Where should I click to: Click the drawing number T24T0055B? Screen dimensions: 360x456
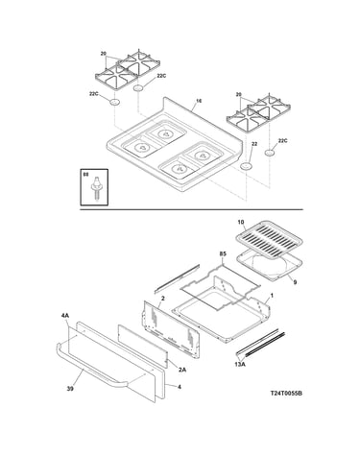[x=286, y=394]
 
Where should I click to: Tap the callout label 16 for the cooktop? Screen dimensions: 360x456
[x=199, y=101]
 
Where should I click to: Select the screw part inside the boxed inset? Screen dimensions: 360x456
[x=95, y=189]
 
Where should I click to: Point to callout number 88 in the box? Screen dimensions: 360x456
[x=85, y=175]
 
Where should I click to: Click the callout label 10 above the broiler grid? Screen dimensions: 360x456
[x=241, y=222]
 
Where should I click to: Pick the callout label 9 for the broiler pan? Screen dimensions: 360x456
[x=295, y=282]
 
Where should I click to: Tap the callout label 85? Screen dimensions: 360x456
[x=223, y=253]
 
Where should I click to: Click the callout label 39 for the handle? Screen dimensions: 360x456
[x=70, y=389]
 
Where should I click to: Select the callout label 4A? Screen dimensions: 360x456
[x=64, y=316]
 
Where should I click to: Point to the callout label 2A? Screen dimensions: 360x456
[x=181, y=370]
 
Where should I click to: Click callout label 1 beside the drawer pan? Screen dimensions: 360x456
[x=272, y=296]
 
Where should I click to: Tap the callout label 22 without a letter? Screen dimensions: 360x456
[x=254, y=144]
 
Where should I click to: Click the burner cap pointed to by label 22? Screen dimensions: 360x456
[x=247, y=166]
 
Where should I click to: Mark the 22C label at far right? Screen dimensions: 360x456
[x=282, y=140]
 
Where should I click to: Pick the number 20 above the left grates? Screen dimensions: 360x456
[x=103, y=54]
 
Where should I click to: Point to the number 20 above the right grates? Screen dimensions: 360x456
[x=238, y=94]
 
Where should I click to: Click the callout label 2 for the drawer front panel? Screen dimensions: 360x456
[x=162, y=299]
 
